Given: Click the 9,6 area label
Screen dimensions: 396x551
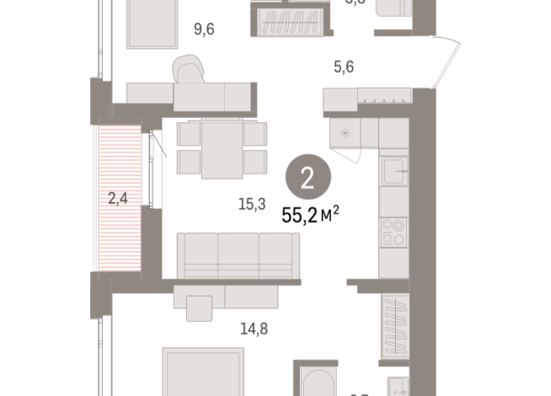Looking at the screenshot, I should [204, 29].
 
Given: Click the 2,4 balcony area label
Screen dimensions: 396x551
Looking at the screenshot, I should [117, 199].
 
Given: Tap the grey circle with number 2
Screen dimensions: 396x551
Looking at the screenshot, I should [308, 179].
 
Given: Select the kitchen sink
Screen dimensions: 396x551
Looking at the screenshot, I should [393, 172].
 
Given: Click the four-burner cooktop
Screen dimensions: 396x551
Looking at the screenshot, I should [393, 231].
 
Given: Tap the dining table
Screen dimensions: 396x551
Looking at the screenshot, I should [222, 147].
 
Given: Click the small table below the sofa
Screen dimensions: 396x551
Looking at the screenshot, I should [199, 308].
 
